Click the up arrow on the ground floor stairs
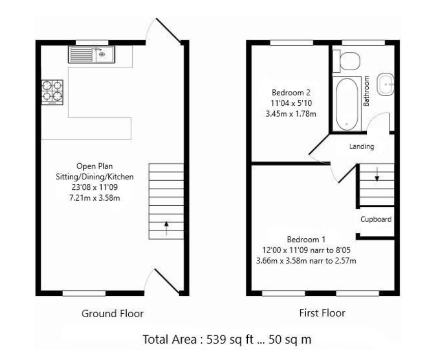pos(166,228)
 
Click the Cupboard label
pos(376,220)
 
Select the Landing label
pos(361,147)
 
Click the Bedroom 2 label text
pos(290,93)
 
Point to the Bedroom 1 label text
pos(306,239)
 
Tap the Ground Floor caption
pos(112,313)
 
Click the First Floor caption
pos(322,313)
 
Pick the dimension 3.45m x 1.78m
pos(290,114)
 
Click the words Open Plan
pos(94,166)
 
